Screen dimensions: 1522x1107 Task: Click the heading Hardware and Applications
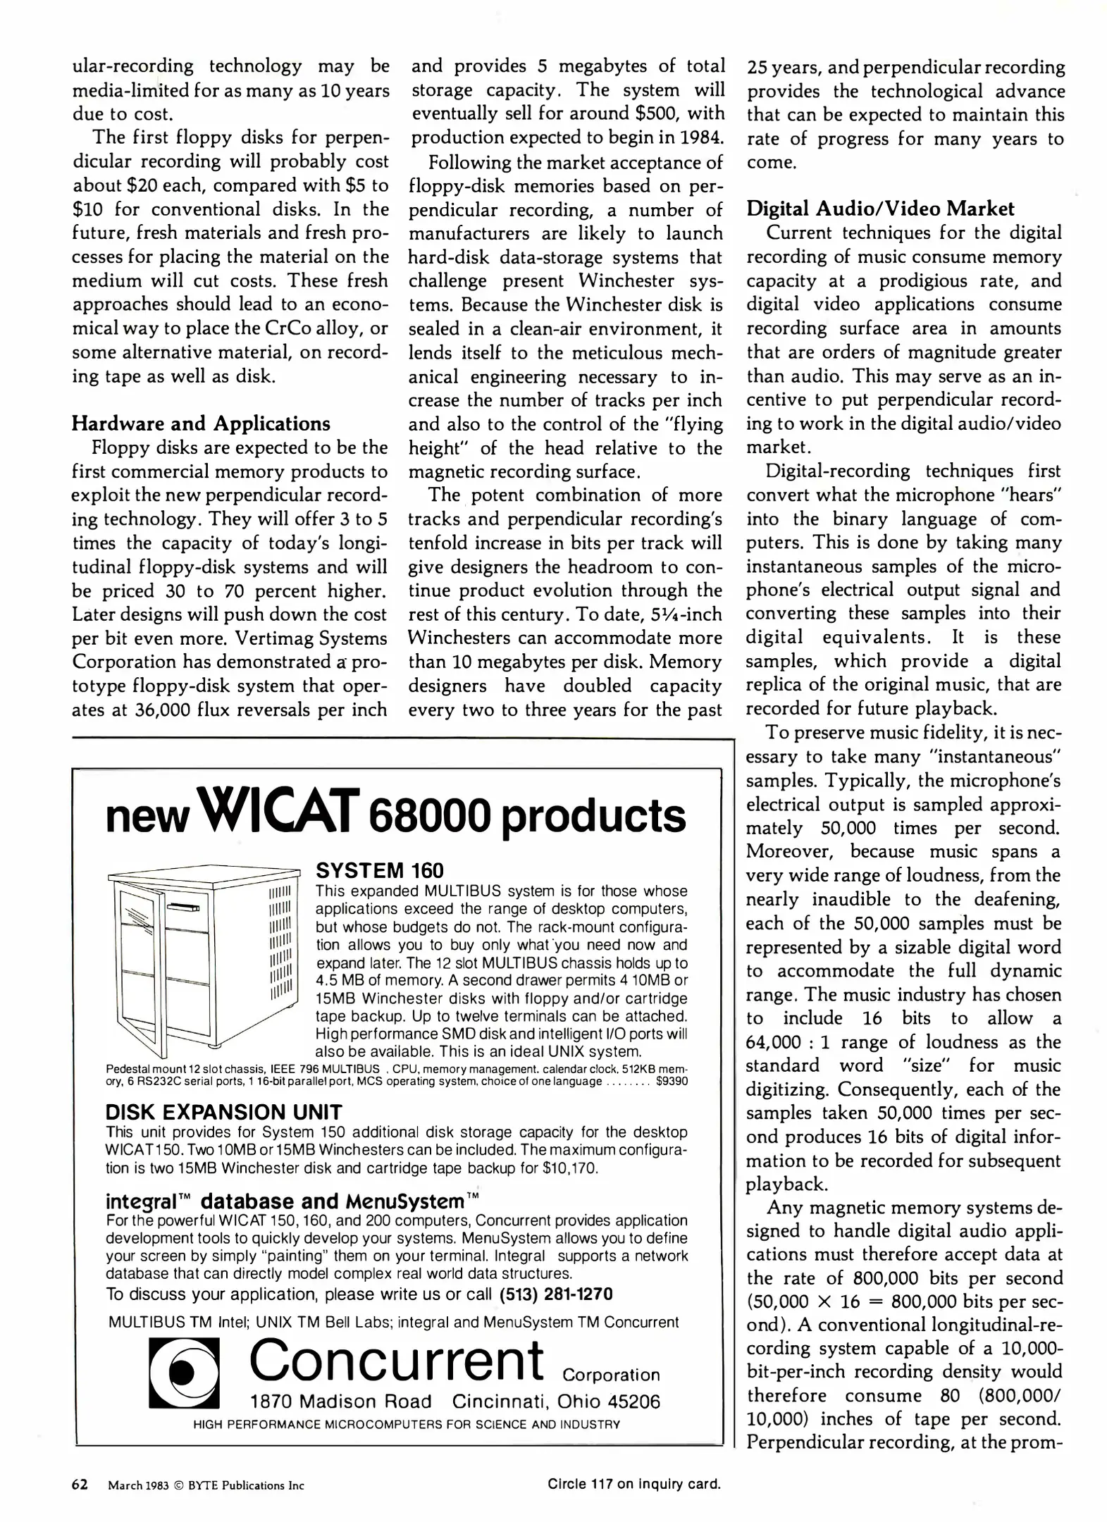pos(201,423)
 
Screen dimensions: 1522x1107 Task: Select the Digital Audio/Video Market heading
pos(880,209)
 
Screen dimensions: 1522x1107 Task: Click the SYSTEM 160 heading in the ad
pos(380,870)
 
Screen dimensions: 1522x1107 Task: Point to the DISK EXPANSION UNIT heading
pos(223,1112)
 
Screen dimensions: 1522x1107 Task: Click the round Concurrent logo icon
pos(183,1371)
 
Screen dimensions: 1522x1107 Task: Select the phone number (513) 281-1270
pos(556,1294)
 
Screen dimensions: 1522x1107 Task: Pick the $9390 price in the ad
pos(672,1082)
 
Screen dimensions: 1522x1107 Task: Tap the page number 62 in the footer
pos(80,1485)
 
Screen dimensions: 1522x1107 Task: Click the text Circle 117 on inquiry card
pos(634,1485)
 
